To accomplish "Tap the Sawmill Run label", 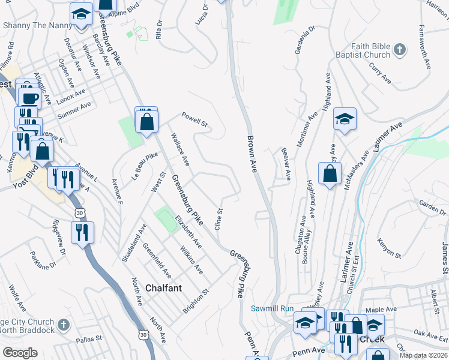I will [270, 308].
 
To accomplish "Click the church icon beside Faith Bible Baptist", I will [400, 48].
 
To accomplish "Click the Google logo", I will [19, 353].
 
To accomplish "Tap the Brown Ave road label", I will [252, 155].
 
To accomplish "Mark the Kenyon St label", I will [388, 247].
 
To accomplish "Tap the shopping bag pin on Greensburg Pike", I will [146, 122].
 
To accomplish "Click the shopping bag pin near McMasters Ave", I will [330, 175].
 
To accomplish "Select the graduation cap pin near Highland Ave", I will [345, 120].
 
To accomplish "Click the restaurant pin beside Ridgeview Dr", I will [82, 232].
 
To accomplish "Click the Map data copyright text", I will [423, 355].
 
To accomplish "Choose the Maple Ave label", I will [382, 310].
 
